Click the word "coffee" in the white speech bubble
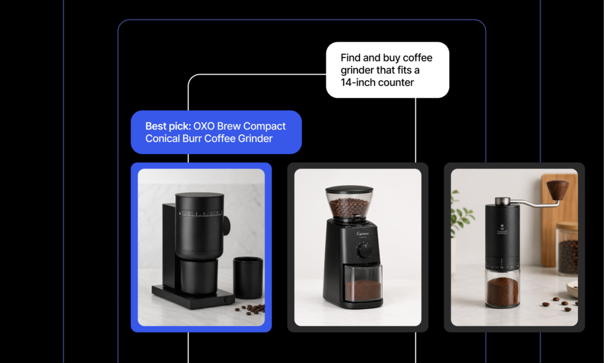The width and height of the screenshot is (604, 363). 417,58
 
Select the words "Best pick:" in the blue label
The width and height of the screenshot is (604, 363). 168,126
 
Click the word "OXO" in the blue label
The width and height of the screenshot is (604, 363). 204,126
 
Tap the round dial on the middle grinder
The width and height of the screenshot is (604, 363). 364,250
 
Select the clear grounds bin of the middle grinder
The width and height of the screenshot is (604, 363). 362,284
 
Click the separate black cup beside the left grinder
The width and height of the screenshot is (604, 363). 248,277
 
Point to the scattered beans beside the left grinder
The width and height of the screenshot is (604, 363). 251,309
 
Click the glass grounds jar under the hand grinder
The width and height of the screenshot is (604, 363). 502,288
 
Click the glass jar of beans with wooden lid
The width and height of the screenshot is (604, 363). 567,248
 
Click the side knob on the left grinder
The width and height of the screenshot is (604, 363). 226,226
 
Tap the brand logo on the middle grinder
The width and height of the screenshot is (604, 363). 362,234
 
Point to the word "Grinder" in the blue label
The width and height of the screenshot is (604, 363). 255,139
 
